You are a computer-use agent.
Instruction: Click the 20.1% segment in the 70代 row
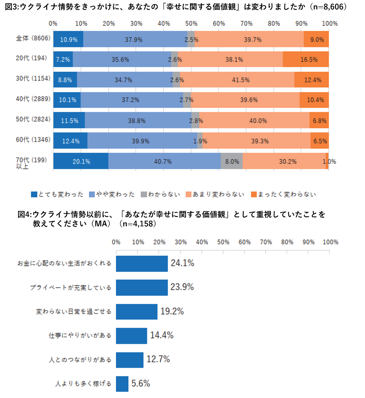click(x=81, y=161)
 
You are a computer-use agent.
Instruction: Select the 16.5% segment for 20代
click(x=306, y=59)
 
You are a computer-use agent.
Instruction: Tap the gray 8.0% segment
click(x=232, y=161)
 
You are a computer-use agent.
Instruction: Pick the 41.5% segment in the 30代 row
click(x=237, y=80)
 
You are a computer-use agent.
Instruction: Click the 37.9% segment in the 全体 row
click(x=135, y=39)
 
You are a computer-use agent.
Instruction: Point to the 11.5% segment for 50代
click(x=69, y=121)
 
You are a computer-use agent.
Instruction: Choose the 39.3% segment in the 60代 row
click(x=257, y=141)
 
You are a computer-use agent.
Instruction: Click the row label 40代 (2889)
click(x=33, y=99)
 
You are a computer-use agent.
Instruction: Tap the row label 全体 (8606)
click(x=33, y=38)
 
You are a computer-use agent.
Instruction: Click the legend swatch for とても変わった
click(x=34, y=194)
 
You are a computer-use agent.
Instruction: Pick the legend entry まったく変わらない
click(x=287, y=194)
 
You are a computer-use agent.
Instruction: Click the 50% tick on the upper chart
click(x=191, y=23)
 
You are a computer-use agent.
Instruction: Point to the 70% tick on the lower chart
click(x=266, y=242)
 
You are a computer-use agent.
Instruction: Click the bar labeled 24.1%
click(x=142, y=264)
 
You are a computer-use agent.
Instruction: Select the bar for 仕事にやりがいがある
click(x=131, y=336)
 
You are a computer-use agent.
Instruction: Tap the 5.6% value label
click(x=141, y=383)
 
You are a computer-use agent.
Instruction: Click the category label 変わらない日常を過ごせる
click(x=74, y=312)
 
